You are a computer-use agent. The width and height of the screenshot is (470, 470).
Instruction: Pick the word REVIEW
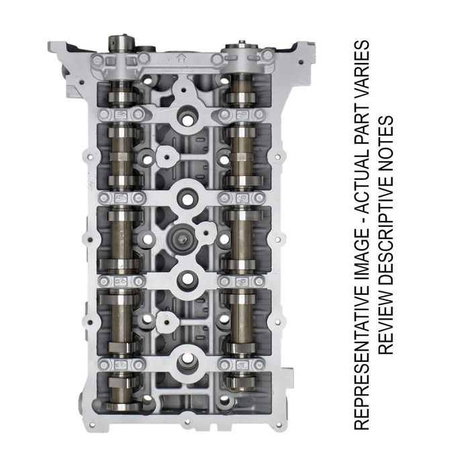[385, 321]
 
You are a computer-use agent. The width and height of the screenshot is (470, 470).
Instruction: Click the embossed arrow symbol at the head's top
[181, 58]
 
